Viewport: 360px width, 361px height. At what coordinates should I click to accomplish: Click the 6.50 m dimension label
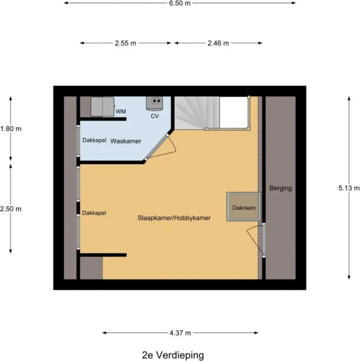(179, 3)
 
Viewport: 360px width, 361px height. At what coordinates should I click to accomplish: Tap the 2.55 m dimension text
(126, 43)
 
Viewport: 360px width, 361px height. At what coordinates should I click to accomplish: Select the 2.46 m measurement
(218, 43)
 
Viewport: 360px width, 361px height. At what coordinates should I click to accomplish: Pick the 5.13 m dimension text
(349, 188)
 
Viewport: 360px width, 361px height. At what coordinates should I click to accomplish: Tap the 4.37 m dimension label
(180, 333)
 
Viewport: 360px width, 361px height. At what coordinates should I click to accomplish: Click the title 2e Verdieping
(173, 355)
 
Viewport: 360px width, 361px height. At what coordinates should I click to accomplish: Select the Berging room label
(280, 188)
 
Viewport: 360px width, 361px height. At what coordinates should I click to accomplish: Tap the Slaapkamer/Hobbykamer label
(174, 218)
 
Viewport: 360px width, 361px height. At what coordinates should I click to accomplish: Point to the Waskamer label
(126, 141)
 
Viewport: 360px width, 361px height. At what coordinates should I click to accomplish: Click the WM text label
(121, 112)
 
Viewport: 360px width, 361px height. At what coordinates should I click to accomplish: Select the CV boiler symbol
(155, 103)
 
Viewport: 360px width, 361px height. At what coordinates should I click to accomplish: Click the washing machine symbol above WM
(102, 105)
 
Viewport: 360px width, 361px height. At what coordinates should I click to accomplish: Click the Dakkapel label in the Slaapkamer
(94, 213)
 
